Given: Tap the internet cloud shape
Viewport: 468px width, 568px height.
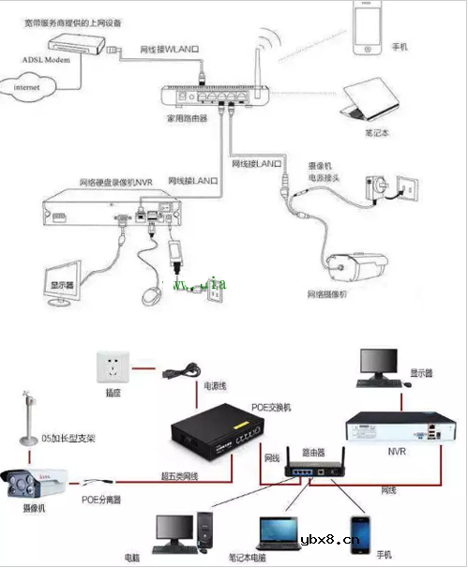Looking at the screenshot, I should [30, 87].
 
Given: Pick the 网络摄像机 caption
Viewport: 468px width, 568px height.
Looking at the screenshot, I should [328, 294].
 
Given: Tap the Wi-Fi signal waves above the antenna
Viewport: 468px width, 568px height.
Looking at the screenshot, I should [270, 39].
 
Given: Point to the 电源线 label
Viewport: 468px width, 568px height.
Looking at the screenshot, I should [215, 385].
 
